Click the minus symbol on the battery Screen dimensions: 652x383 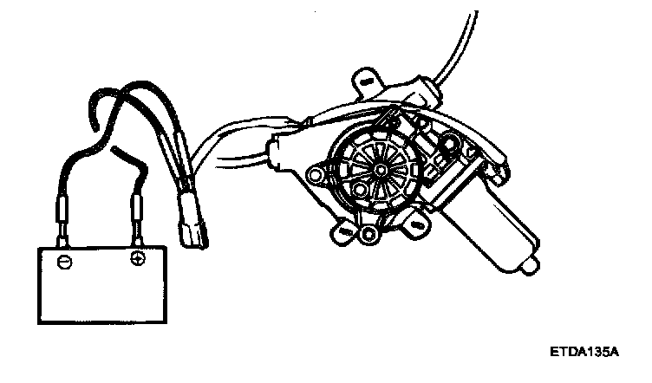coord(62,260)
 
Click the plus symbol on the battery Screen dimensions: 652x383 coord(136,258)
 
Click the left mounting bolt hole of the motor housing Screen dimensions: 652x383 coord(320,176)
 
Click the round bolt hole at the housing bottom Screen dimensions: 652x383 coord(371,233)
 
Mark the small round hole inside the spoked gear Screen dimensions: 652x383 coord(378,172)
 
